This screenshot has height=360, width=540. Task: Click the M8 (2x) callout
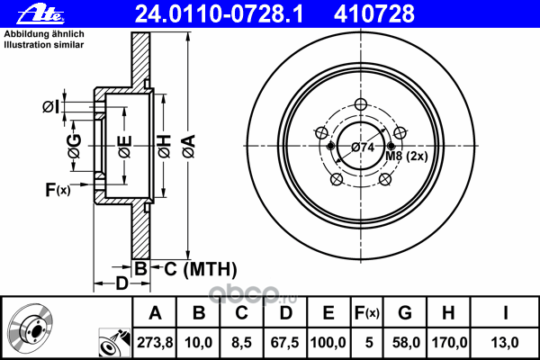406,157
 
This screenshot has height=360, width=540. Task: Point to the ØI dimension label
53,108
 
